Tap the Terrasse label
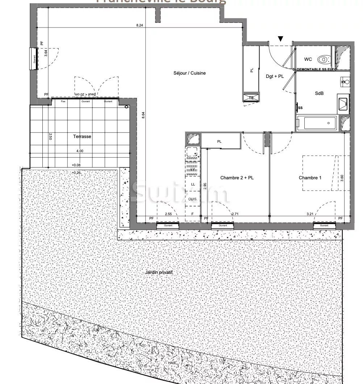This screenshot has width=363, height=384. pyautogui.click(x=82, y=137)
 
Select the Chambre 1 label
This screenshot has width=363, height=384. pyautogui.click(x=310, y=178)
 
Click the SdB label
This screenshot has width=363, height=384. pyautogui.click(x=319, y=93)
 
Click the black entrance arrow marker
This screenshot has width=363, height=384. pyautogui.click(x=281, y=39)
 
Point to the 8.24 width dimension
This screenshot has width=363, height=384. pyautogui.click(x=140, y=25)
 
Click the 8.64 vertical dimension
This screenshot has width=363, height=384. pyautogui.click(x=143, y=115)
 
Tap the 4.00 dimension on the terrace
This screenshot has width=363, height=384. pyautogui.click(x=79, y=151)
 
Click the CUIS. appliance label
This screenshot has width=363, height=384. pyautogui.click(x=193, y=200)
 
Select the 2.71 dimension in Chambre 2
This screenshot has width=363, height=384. pyautogui.click(x=235, y=214)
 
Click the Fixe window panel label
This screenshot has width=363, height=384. pyautogui.click(x=64, y=101)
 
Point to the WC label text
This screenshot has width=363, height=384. pyautogui.click(x=308, y=59)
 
